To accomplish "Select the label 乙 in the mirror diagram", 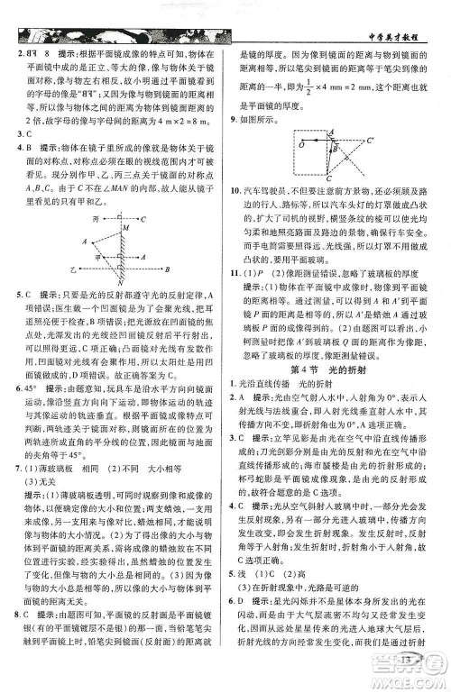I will (x=69, y=269).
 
